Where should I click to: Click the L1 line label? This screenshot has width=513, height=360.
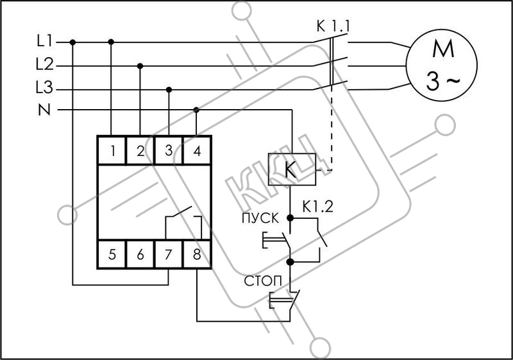tap(44, 41)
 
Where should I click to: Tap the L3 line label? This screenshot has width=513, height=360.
tap(44, 88)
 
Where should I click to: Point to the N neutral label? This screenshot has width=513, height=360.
tap(44, 110)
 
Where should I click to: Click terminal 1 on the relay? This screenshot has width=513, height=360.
tap(112, 151)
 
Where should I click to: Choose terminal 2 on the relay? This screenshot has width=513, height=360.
tap(140, 151)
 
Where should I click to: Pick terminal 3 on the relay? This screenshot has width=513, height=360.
tap(169, 151)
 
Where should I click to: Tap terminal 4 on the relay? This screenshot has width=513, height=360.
tap(197, 151)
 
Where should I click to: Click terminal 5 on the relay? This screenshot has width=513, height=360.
tap(112, 254)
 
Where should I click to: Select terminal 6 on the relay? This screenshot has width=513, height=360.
tap(140, 254)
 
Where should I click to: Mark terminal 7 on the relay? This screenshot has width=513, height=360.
tap(169, 254)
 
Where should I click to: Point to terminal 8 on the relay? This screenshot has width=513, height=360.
tap(197, 254)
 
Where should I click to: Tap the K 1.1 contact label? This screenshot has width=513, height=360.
tap(333, 26)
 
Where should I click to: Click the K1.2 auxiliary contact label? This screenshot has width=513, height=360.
tap(317, 207)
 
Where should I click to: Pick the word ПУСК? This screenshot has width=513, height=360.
tap(260, 218)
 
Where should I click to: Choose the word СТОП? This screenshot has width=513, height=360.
tap(263, 281)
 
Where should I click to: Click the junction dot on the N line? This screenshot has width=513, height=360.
tap(196, 110)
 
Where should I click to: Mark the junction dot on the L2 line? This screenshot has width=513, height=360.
tap(140, 66)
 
